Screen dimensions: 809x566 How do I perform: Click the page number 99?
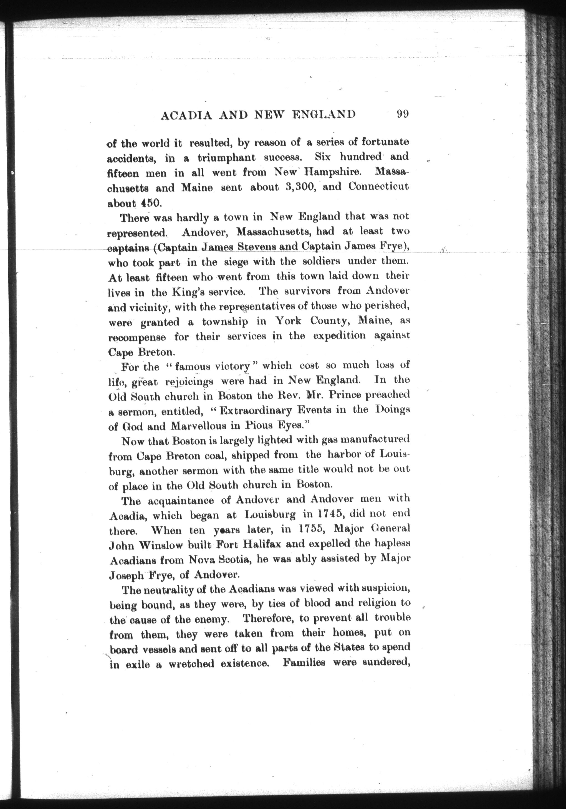pyautogui.click(x=402, y=114)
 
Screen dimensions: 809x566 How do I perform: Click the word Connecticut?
pyautogui.click(x=378, y=186)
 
